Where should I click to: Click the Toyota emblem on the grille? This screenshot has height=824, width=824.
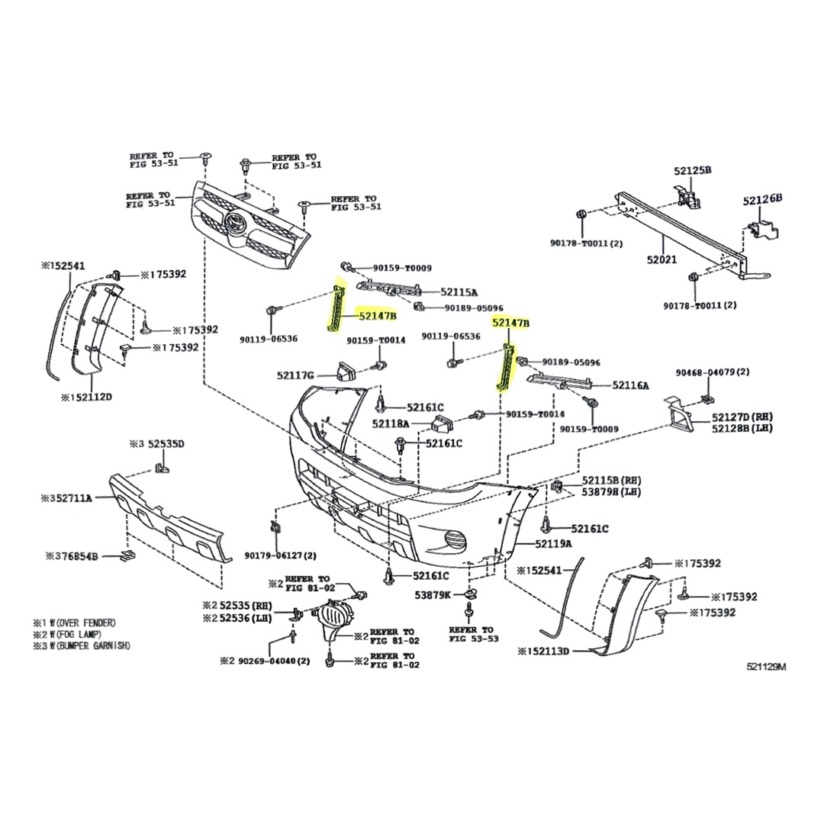click(233, 223)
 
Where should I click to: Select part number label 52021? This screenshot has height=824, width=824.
click(661, 260)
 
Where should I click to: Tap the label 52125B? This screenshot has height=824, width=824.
click(691, 170)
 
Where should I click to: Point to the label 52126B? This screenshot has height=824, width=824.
click(762, 199)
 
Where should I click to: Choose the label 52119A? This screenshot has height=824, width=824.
click(553, 544)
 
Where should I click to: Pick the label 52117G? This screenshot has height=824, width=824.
click(295, 375)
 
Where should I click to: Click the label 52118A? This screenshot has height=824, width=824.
click(391, 423)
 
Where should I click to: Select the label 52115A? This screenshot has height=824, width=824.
click(459, 292)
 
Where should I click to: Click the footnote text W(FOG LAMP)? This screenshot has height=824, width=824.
click(72, 634)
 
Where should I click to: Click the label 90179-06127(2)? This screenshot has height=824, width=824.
click(281, 555)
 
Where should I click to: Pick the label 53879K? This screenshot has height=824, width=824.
click(433, 594)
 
